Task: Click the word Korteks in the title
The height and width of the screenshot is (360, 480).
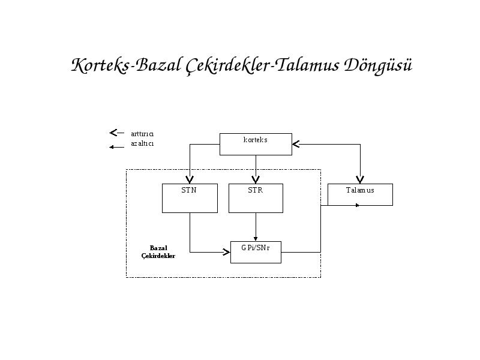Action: [100, 65]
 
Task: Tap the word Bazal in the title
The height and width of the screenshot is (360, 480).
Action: [158, 65]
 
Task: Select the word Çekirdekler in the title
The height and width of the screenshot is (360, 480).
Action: [228, 66]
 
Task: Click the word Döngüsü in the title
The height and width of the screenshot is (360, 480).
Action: [378, 66]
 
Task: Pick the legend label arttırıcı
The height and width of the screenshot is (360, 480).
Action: [142, 134]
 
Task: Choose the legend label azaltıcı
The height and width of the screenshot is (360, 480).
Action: [142, 143]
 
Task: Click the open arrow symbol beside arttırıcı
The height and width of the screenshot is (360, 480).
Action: [116, 133]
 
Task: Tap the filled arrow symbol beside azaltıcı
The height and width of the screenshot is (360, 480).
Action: [116, 147]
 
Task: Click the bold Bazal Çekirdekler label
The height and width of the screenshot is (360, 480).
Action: [158, 252]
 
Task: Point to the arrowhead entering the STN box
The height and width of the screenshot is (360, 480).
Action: [190, 180]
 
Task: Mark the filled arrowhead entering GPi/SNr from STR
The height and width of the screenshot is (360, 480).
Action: [256, 239]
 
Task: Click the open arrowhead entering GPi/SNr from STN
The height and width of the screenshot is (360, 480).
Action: [227, 252]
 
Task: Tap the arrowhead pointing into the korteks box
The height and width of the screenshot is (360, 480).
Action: [296, 144]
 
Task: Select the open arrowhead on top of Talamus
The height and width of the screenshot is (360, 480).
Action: [361, 180]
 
